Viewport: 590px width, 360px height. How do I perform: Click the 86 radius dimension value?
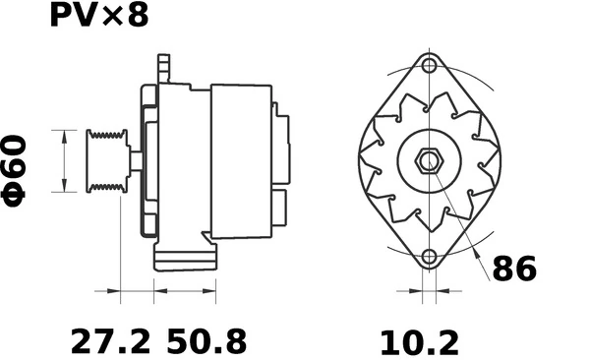click(514, 268)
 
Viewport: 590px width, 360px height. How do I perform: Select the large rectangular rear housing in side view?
click(240, 160)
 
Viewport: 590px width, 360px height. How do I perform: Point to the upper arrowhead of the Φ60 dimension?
click(64, 133)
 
